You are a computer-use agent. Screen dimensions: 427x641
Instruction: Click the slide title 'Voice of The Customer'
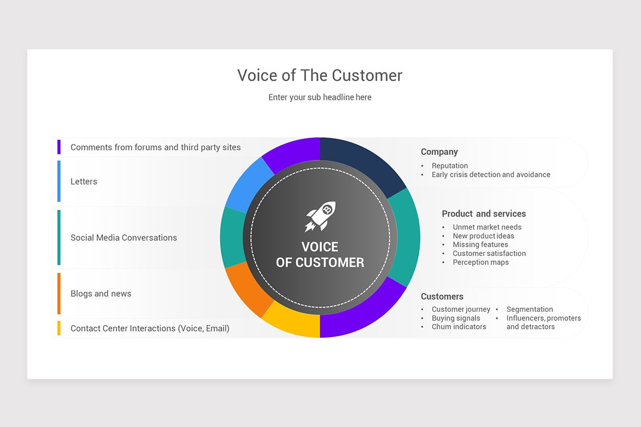pos(319,75)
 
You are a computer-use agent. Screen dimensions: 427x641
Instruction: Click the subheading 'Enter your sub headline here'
pos(319,97)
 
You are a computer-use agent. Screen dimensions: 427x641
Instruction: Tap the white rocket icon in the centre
pos(320,216)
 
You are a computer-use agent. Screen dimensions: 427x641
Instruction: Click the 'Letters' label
pos(84,181)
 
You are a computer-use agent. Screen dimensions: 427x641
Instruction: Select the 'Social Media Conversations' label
pos(123,238)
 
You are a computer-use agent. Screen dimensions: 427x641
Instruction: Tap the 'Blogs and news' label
pos(100,294)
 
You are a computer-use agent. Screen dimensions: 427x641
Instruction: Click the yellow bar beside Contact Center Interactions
pos(59,328)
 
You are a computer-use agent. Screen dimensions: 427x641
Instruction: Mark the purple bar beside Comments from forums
pos(59,147)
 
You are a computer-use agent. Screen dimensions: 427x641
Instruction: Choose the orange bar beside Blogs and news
pos(59,294)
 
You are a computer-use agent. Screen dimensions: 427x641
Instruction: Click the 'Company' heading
pos(439,152)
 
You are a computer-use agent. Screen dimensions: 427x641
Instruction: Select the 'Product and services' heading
pos(483,213)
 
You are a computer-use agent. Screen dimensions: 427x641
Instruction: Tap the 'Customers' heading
pos(442,296)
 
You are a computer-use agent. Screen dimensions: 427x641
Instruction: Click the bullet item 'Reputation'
pos(450,166)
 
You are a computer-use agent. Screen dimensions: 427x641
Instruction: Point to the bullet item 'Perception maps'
pos(481,262)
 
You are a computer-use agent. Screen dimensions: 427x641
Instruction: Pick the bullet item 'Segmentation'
pos(529,309)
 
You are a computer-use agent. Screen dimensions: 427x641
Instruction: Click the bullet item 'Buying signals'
pos(456,318)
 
